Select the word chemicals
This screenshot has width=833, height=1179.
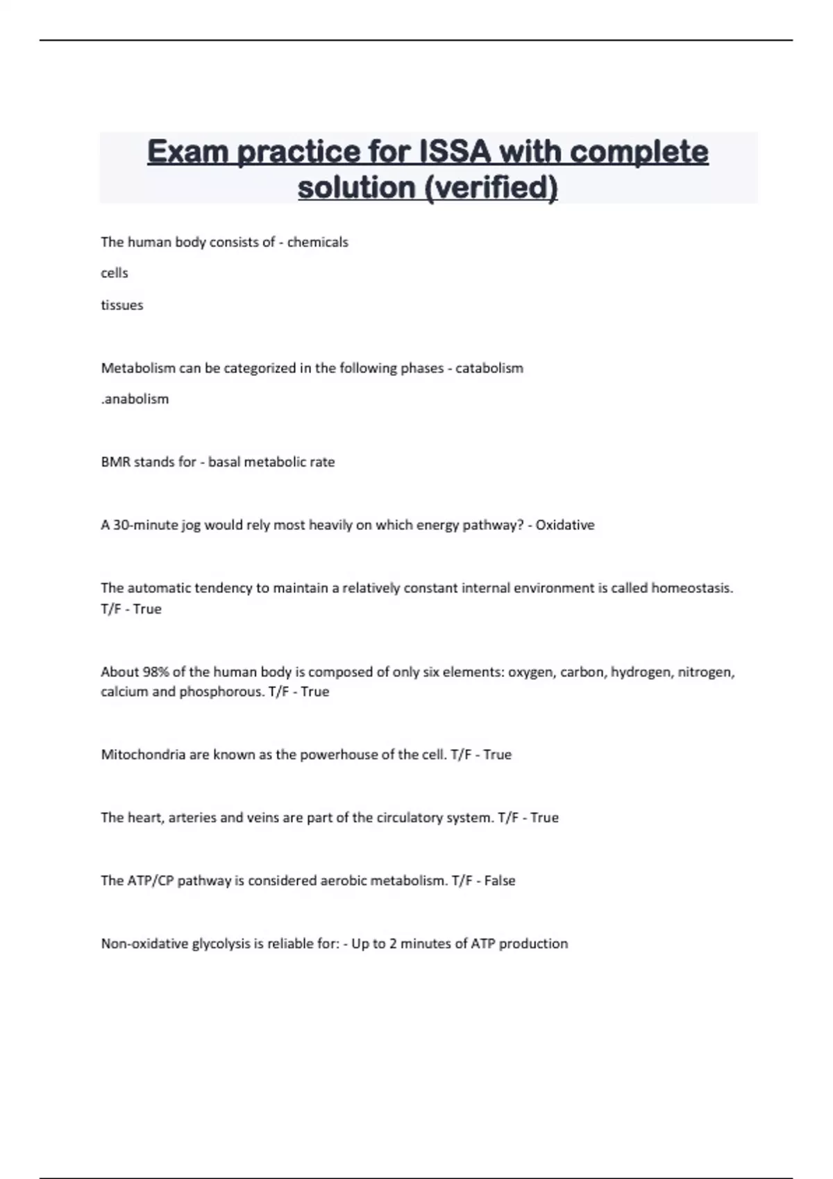tap(318, 242)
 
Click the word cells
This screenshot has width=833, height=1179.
tap(115, 273)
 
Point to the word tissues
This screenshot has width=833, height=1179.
tap(122, 305)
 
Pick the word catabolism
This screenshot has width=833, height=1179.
tap(489, 368)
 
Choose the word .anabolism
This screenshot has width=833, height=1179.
tap(135, 399)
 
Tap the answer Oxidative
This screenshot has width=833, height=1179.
tap(565, 525)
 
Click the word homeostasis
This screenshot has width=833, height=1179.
tap(691, 588)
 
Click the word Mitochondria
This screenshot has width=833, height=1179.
tap(143, 755)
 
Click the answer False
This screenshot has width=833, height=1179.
tap(500, 881)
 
